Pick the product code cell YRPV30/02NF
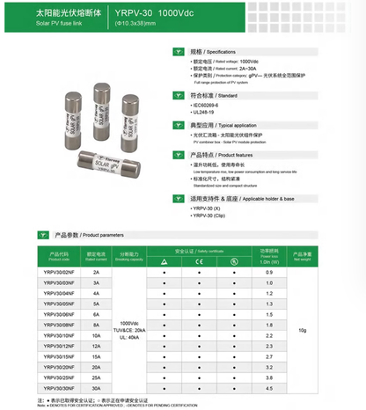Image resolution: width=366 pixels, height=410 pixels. [57, 273]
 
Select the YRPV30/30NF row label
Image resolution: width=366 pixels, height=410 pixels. [57, 388]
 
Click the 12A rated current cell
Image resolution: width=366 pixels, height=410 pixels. [96, 346]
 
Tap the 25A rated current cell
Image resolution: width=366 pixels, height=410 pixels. [96, 377]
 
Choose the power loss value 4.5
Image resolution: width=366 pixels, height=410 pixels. [269, 388]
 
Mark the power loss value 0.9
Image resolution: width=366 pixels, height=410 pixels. [269, 273]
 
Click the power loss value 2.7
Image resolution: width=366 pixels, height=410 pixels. [269, 357]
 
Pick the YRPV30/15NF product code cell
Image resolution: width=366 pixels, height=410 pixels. [57, 357]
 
